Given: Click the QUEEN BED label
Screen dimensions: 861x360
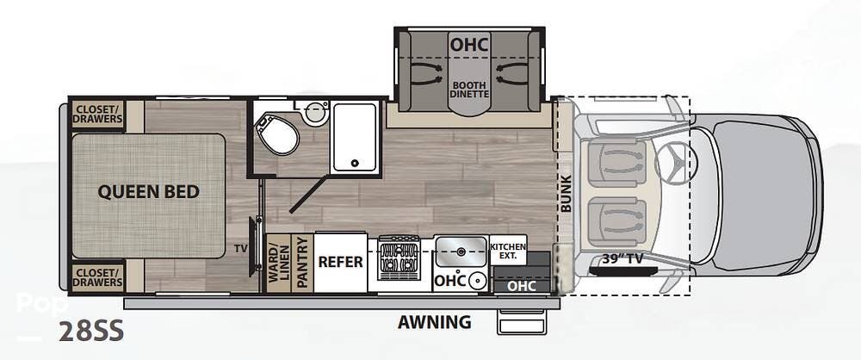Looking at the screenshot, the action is tap(148, 192).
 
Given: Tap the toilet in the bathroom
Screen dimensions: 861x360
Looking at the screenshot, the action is tap(277, 133).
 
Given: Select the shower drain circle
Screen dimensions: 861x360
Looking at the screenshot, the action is tap(356, 163).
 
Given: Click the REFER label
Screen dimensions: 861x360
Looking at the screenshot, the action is tap(340, 262).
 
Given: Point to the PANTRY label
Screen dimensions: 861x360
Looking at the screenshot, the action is tap(300, 262).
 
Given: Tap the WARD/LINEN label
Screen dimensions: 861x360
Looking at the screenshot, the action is tap(278, 262).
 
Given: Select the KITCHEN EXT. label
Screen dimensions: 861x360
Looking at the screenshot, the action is tap(507, 251).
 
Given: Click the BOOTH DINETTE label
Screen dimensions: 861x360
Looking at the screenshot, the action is tap(469, 90).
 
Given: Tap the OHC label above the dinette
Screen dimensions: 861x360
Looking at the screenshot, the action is tap(469, 44).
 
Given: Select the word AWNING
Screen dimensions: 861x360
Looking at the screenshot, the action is tap(434, 321).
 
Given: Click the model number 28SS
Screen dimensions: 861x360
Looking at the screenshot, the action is tap(91, 332).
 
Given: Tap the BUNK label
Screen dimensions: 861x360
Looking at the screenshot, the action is tap(567, 194).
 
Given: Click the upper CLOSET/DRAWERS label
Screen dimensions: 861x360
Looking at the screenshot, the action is tap(98, 114).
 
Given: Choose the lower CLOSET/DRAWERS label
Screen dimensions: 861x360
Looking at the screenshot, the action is tap(98, 277).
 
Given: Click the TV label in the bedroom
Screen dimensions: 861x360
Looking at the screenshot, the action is tap(241, 248).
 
